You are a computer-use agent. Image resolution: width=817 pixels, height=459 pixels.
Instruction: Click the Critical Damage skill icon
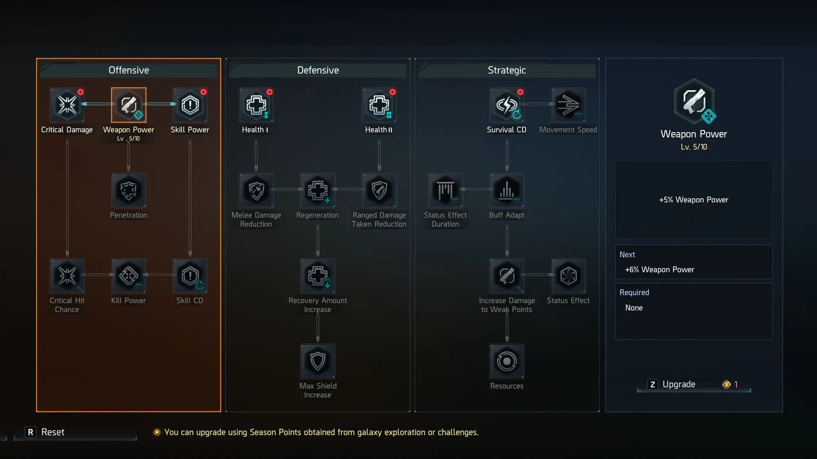(67, 105)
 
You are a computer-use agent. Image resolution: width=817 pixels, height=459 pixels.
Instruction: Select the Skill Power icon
(190, 105)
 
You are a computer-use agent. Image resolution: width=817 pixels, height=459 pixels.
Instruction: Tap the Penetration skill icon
(129, 190)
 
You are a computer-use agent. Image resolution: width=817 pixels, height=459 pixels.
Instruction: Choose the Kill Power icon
(129, 276)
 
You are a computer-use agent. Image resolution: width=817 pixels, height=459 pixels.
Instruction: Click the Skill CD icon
(190, 276)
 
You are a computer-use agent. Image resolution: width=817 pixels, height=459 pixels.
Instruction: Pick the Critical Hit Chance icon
(67, 276)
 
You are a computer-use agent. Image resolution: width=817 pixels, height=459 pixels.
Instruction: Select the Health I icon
(256, 105)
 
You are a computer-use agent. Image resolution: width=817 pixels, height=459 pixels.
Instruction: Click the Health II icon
(379, 105)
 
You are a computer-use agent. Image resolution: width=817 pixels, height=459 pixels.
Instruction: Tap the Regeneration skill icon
(317, 190)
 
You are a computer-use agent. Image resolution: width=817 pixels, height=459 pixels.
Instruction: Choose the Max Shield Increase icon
(317, 361)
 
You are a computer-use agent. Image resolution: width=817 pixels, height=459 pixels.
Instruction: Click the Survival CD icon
(506, 105)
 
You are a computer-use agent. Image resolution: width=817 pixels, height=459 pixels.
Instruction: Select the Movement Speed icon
(568, 105)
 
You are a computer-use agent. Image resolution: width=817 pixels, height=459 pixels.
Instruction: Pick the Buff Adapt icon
(506, 190)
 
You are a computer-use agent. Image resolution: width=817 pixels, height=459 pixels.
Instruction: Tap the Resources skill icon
(506, 361)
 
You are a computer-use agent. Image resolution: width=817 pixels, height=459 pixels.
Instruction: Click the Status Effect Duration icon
(445, 190)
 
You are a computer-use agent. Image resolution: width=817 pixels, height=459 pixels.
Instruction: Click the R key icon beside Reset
(30, 432)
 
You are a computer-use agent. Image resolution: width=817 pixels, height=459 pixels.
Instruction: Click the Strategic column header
(506, 70)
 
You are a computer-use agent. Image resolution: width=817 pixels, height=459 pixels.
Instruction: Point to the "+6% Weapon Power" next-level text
(659, 269)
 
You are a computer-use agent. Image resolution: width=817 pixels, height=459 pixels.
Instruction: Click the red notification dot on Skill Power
(203, 92)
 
